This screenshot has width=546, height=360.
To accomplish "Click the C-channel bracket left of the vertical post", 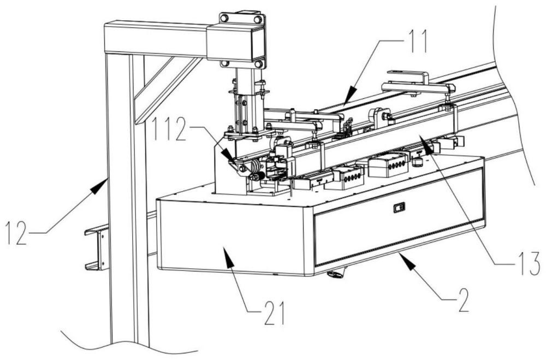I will click(96, 249).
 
